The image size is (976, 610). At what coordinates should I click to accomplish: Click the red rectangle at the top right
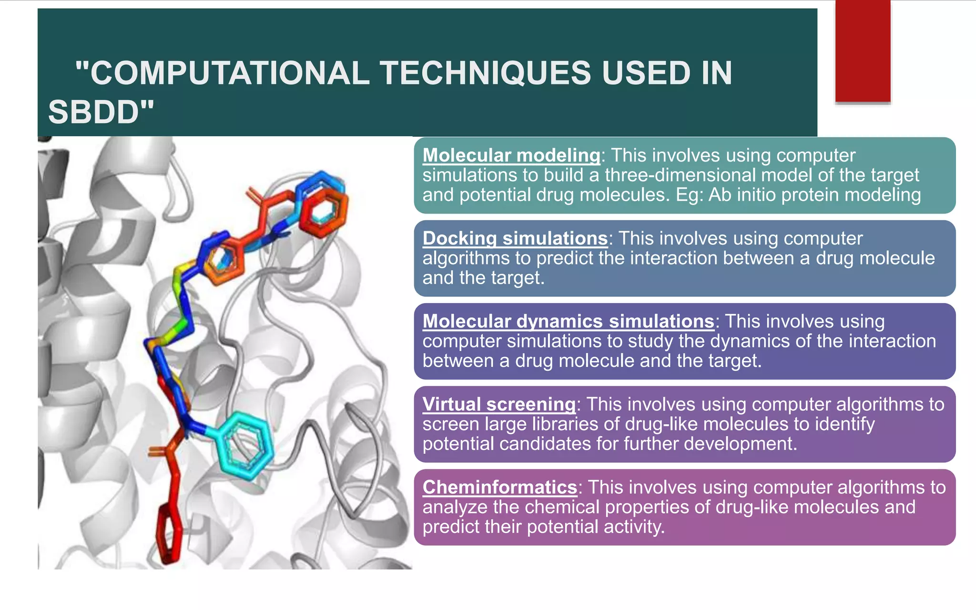coord(863,51)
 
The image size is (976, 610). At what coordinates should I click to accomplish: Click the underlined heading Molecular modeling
coord(511,155)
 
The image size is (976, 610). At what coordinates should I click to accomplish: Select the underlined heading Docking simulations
coord(515,238)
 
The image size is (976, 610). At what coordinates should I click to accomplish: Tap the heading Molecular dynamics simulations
coord(568,321)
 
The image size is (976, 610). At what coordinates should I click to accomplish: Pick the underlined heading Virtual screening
coord(499,404)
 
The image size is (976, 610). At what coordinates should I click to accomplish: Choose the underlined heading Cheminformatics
coord(499,487)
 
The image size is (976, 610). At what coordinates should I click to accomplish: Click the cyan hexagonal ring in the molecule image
coord(245,446)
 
